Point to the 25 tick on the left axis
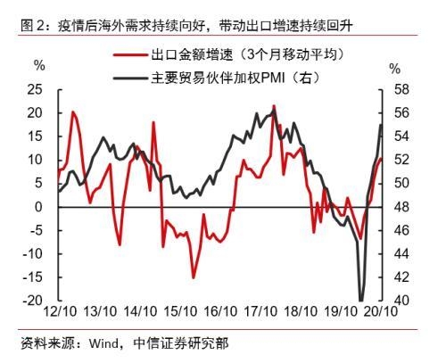point(37,89)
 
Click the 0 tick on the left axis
point(41,207)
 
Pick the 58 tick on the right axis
point(400,89)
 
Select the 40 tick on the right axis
point(400,301)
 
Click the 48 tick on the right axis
point(400,207)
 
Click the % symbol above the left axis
point(38,68)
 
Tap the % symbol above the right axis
point(395,68)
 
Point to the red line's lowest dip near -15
point(193,277)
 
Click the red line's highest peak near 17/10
point(273,106)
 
